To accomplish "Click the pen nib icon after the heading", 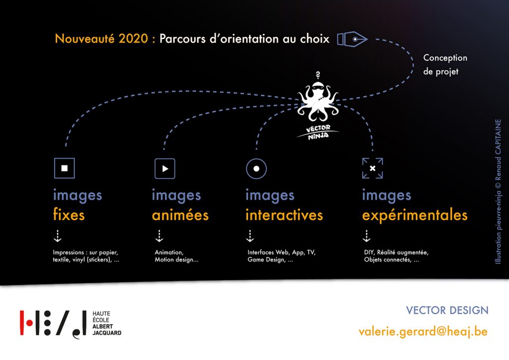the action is pos(352,39).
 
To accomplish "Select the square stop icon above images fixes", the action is pos(64,168).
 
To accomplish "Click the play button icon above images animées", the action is pos(165,169).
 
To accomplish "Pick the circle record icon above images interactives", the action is pos(256,169).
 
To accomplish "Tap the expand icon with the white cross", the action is pos(372,168).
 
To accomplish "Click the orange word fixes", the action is pos(69,215).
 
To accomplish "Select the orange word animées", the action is pos(180,215).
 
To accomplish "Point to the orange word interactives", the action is pos(284,215).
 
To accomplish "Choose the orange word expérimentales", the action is pos(415,215).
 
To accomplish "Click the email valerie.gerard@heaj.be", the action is pos(423,332).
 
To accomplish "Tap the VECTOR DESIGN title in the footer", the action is pos(447,310).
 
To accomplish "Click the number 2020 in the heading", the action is pos(133,39).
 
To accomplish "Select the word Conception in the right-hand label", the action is pos(445,58).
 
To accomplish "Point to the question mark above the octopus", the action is pos(318,75).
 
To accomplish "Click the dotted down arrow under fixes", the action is pos(58,236).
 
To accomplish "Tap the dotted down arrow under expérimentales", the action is pos(366,236).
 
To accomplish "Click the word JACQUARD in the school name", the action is pos(107,333).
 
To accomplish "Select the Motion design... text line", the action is pos(176,260).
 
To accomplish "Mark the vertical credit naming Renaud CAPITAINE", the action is pos(498,191).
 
